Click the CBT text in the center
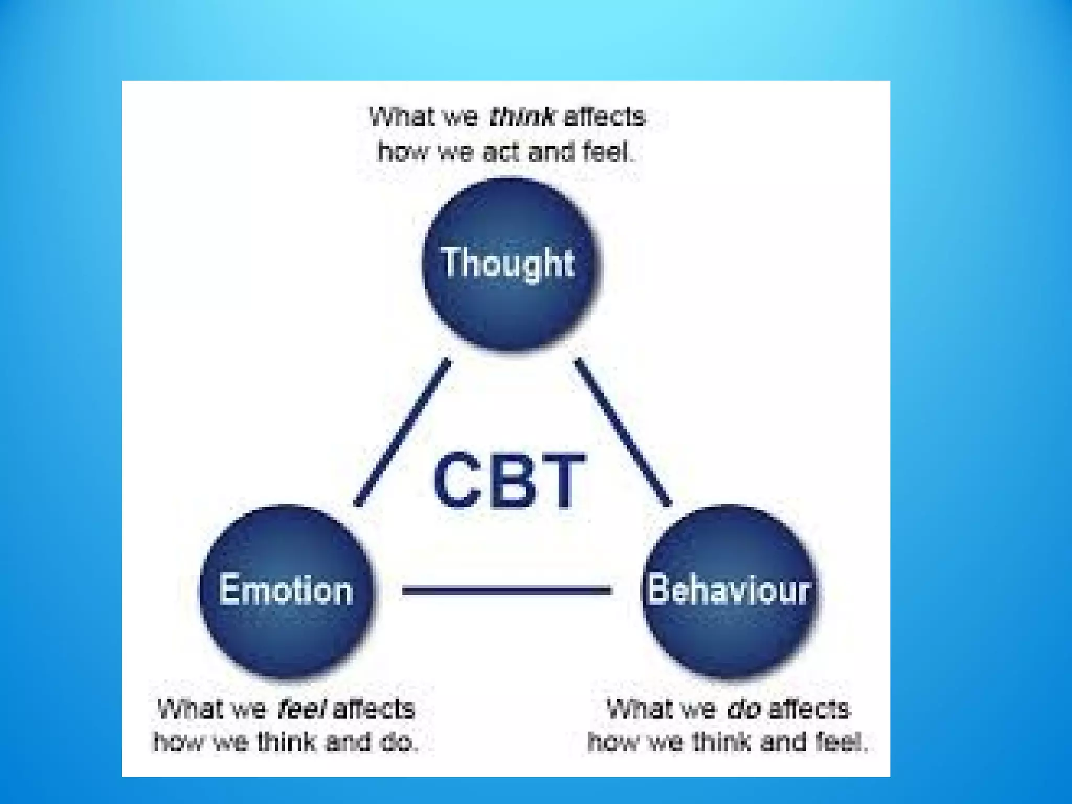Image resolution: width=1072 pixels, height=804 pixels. tap(509, 480)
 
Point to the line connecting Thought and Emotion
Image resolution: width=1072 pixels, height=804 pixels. tap(402, 432)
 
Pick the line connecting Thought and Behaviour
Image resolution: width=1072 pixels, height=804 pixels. tap(623, 432)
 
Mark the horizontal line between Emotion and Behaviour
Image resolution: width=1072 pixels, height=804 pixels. tap(507, 590)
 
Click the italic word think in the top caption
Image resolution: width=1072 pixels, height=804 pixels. tap(521, 116)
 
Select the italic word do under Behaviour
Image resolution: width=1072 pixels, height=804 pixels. tap(743, 709)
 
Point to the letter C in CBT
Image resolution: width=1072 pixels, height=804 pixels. tap(455, 480)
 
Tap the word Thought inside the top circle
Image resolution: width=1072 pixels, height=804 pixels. tap(508, 262)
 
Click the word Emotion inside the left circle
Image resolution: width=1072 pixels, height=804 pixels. tap(286, 590)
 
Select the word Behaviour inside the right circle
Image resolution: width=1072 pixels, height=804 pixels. tap(729, 590)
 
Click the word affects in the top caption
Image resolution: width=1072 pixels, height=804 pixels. tap(605, 116)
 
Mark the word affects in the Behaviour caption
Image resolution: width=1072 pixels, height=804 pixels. tap(809, 709)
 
